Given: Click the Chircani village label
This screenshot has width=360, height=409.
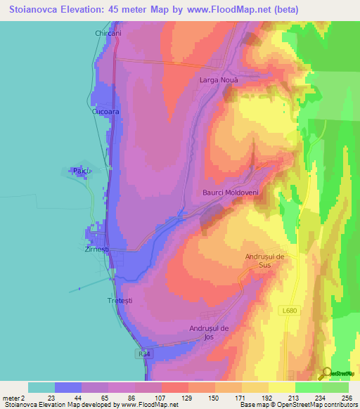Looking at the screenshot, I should coord(109,33).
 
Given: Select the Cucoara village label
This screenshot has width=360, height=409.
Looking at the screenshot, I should coord(105,112).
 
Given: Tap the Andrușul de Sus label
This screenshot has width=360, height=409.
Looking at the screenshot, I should coord(264,261).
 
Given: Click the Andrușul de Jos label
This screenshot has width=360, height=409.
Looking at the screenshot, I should coord(210,332).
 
